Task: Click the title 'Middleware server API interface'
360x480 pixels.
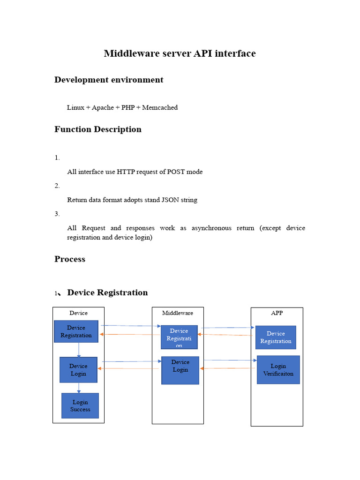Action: pos(180,53)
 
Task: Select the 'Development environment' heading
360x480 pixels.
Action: pos(109,80)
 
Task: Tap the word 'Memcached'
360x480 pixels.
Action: pos(160,107)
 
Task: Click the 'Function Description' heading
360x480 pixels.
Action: pos(98,129)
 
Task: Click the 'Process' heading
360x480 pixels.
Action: pos(70,259)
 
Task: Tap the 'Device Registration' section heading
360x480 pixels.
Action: pos(107,292)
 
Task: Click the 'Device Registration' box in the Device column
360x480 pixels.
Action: pos(76,331)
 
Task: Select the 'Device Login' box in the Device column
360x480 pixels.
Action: pos(78,370)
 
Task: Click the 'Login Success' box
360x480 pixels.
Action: pos(80,405)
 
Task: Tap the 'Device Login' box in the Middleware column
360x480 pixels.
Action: pos(180,370)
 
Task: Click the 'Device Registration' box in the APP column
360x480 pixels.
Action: pos(276,337)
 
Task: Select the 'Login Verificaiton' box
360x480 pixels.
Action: pos(278,370)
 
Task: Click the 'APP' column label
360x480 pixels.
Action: pos(277,313)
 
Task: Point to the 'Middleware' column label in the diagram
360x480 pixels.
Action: pos(178,313)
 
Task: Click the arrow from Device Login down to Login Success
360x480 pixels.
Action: pos(79,388)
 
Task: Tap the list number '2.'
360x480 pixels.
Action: pos(57,186)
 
